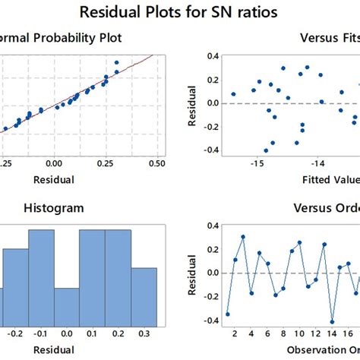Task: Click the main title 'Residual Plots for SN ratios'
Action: tap(180, 13)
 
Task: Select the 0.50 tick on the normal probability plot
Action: tap(157, 163)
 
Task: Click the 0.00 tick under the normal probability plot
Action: tap(54, 163)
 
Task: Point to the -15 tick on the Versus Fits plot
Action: tap(258, 163)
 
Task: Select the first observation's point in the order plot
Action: tap(227, 314)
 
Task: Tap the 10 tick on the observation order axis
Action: tap(299, 333)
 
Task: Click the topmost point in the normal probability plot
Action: tap(116, 62)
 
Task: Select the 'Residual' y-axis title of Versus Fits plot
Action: tap(191, 103)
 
